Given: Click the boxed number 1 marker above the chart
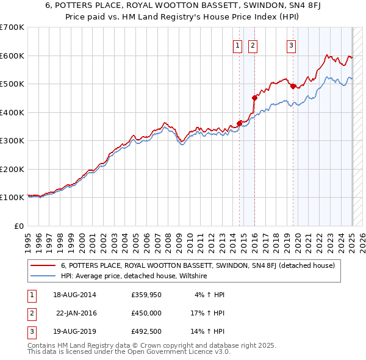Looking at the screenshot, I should [237, 45].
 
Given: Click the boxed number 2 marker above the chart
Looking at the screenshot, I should [252, 45].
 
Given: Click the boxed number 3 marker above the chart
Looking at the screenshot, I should [291, 45].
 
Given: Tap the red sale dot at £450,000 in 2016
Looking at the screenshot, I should [254, 97].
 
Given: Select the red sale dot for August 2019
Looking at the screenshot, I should [293, 86].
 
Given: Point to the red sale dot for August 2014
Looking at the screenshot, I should [239, 123].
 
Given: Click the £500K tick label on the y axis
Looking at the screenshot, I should [12, 84].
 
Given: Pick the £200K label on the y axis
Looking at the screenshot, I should [12, 169].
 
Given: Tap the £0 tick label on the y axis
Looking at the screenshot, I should [19, 226].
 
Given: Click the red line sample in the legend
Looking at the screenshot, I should [43, 266].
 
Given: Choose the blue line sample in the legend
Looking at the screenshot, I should [43, 276].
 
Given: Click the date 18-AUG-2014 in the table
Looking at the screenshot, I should [75, 295].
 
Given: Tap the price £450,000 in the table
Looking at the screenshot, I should [146, 313].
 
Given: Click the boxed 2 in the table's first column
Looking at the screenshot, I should [30, 313].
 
